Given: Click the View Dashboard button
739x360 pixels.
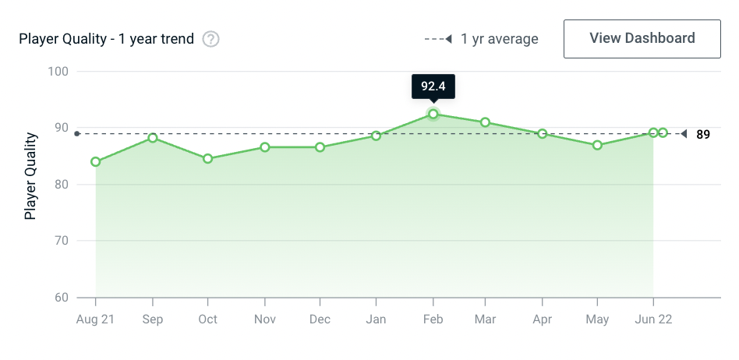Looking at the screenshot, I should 642,38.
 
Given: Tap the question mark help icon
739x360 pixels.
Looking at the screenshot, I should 210,39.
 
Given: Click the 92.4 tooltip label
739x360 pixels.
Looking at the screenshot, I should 433,86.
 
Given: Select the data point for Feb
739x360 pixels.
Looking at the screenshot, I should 433,115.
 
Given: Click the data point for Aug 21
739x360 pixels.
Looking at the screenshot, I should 96,162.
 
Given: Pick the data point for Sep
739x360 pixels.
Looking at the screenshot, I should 153,138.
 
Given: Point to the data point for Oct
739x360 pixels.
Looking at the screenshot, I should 208,159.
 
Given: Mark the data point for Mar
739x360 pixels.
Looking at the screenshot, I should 485,122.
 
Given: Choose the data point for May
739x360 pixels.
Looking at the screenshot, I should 597,145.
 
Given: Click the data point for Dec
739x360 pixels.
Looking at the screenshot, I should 320,147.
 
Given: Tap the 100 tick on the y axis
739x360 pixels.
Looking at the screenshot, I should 58,72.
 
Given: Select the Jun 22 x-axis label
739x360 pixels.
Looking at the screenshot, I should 652,319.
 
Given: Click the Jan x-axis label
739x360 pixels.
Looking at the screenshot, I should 376,319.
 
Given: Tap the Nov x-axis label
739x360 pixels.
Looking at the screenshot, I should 265,319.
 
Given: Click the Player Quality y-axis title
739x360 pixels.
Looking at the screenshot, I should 31,175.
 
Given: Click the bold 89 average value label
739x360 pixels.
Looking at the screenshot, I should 703,135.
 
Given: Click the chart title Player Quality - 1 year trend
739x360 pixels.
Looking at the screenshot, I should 107,39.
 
